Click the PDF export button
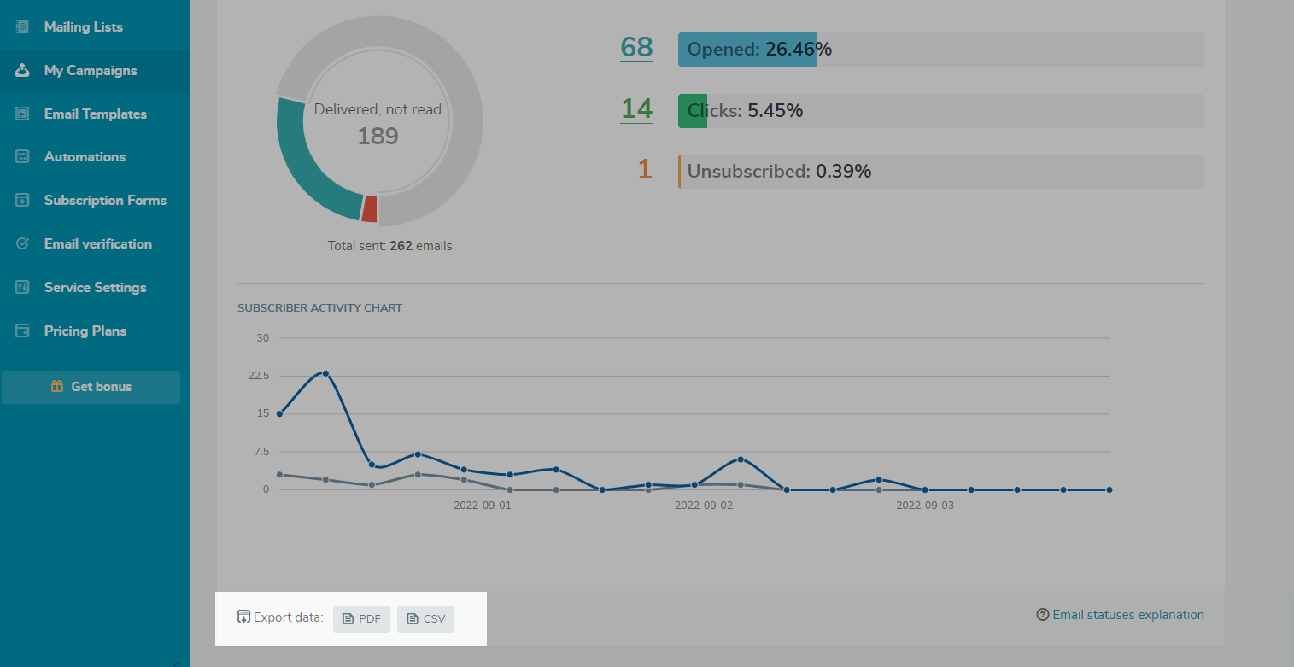(x=361, y=619)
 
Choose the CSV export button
(x=425, y=619)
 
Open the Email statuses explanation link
(x=1127, y=615)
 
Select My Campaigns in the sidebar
(x=90, y=71)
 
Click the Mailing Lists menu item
(x=83, y=27)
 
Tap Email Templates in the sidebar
(x=95, y=114)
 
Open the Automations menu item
(x=85, y=157)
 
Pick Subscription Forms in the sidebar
(x=105, y=201)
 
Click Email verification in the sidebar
(x=97, y=244)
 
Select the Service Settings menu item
(x=95, y=288)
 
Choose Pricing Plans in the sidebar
(x=85, y=331)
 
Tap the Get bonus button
(x=91, y=387)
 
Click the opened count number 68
(x=636, y=48)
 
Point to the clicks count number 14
(x=636, y=109)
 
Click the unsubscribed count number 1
(x=644, y=170)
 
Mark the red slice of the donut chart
(x=369, y=209)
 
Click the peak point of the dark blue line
(x=325, y=373)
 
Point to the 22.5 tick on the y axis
(x=258, y=376)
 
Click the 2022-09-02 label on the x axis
(x=704, y=506)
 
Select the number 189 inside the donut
(x=378, y=137)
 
